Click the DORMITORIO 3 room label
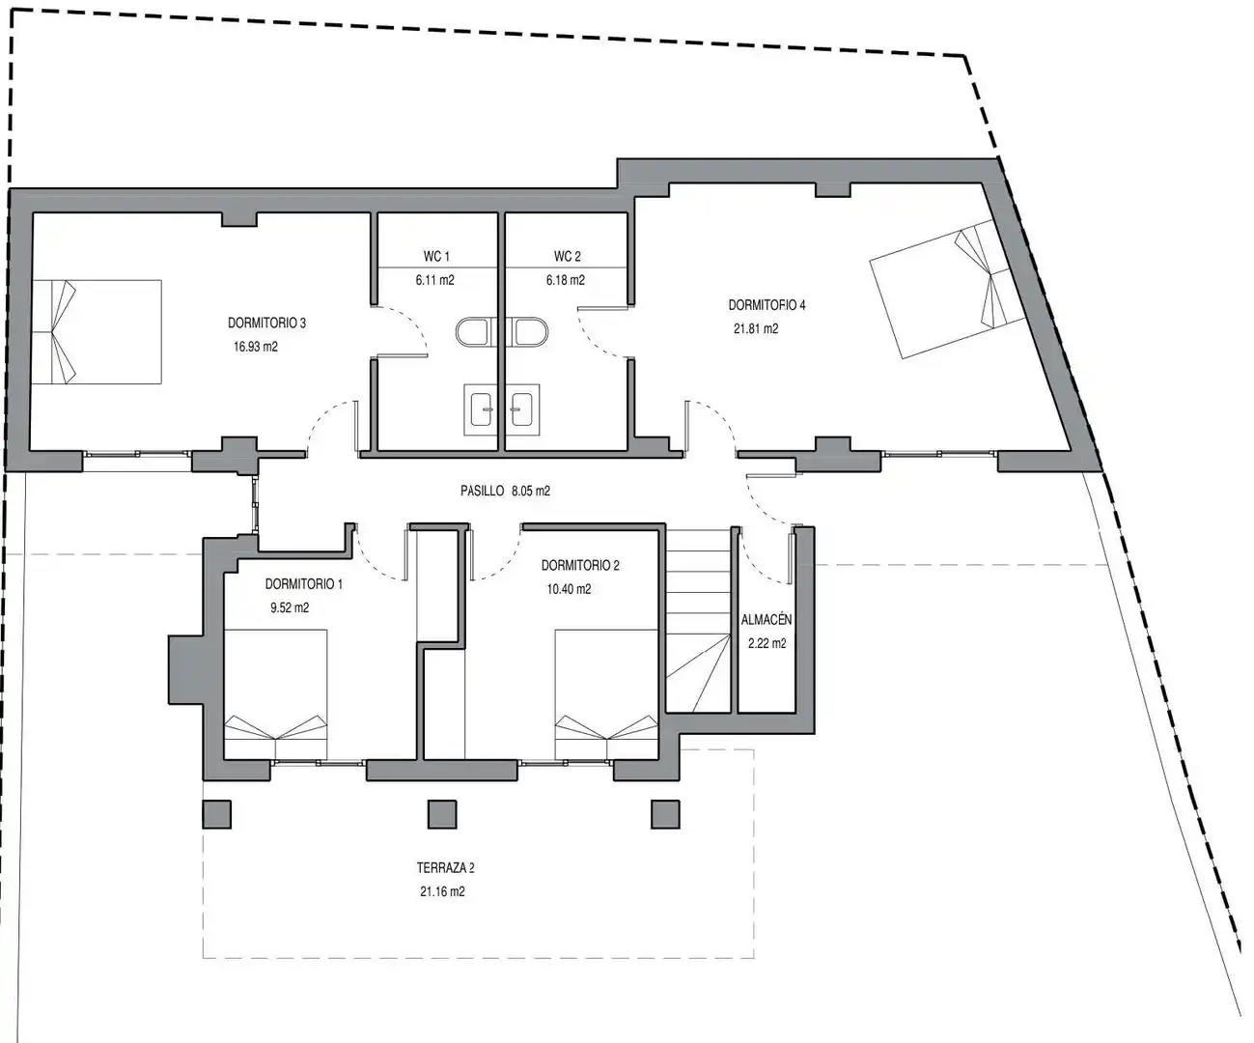(266, 323)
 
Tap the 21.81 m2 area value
(756, 328)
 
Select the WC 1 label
(436, 256)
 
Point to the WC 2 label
(567, 256)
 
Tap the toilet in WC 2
(528, 332)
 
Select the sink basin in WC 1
(482, 409)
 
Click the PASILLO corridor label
(483, 491)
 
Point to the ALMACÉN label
(766, 619)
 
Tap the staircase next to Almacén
(698, 621)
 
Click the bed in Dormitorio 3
(97, 331)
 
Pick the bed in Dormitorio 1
(276, 694)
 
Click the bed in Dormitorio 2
(606, 694)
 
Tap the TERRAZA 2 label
(446, 867)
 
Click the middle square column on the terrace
(442, 814)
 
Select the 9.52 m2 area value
(290, 607)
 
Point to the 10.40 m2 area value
(569, 589)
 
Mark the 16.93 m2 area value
(256, 347)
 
